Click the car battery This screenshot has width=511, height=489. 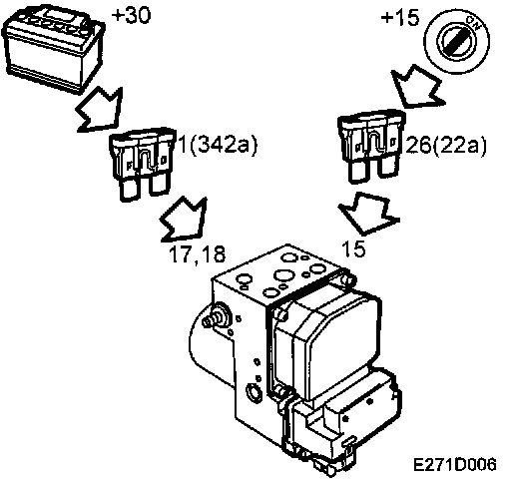[53, 48]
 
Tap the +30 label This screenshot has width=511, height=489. [131, 15]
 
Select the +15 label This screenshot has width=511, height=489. [400, 17]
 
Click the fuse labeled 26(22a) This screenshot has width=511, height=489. [371, 145]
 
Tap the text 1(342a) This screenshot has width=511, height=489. [218, 145]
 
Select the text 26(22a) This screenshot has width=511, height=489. [446, 146]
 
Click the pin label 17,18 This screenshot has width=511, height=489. [197, 254]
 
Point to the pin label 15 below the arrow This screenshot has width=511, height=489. [353, 248]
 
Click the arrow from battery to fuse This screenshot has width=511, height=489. [100, 110]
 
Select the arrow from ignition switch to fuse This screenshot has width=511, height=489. [417, 87]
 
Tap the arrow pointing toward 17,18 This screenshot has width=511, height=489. [184, 220]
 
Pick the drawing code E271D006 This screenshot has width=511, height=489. [454, 464]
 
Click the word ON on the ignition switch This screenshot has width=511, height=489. [472, 23]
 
